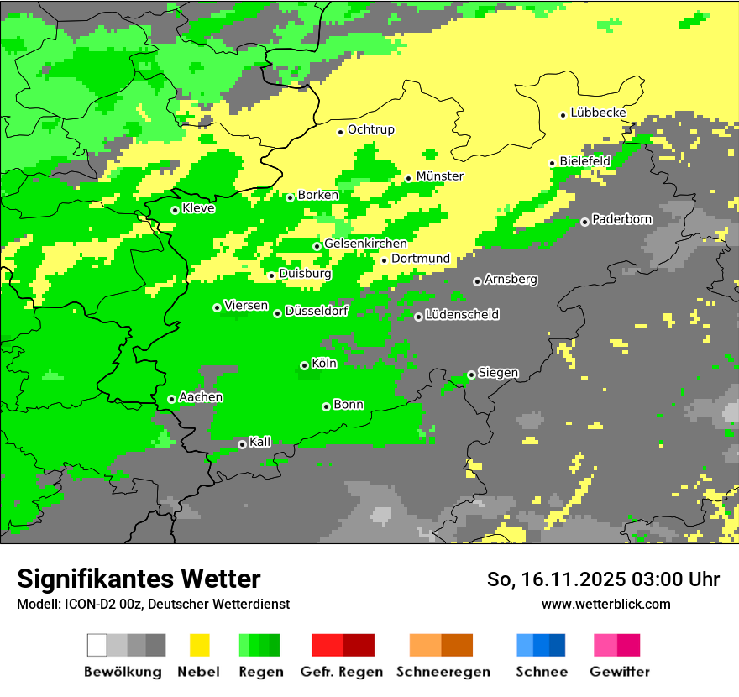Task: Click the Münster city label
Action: click(439, 176)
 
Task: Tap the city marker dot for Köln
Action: click(304, 365)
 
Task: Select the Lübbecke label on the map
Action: click(598, 113)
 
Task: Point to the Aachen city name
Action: click(201, 397)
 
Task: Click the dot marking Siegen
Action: click(471, 375)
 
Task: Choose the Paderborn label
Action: click(621, 220)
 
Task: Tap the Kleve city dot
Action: click(175, 210)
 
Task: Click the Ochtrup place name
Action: click(370, 130)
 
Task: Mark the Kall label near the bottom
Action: click(260, 442)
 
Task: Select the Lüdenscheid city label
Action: click(462, 315)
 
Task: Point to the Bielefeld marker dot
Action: click(553, 163)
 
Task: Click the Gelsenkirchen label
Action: click(365, 244)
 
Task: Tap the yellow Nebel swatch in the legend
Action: click(199, 645)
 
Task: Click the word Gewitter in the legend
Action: click(620, 672)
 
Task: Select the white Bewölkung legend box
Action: click(97, 645)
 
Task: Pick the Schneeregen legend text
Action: click(443, 672)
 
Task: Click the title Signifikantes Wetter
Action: click(139, 579)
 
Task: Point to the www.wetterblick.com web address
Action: click(605, 604)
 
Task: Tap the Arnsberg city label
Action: click(511, 280)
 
